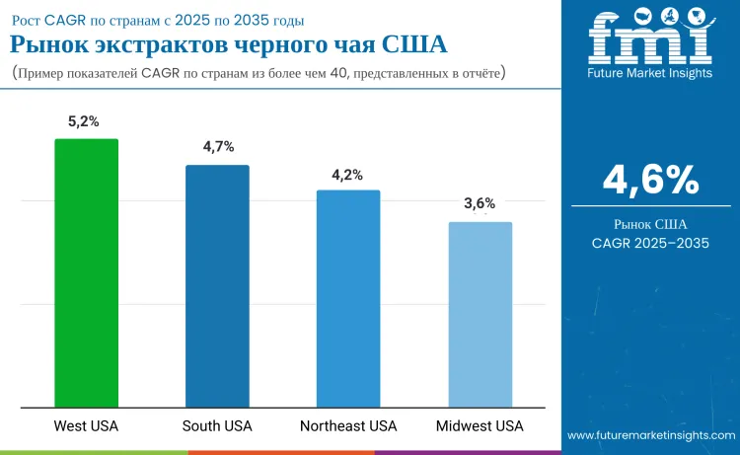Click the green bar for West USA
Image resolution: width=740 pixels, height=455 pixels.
(86, 272)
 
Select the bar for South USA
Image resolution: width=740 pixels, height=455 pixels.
(217, 285)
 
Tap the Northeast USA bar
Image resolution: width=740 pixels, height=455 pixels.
(348, 298)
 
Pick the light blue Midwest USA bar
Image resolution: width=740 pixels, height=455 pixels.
(480, 314)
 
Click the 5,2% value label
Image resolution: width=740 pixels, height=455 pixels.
(86, 121)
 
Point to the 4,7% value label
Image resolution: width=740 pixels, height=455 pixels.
(217, 147)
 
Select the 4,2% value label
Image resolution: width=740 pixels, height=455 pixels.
(348, 174)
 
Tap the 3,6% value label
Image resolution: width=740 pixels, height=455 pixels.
(480, 204)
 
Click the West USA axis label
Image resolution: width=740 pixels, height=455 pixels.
(86, 426)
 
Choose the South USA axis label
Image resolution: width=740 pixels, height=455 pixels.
(217, 426)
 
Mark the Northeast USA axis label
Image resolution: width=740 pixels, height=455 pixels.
(348, 426)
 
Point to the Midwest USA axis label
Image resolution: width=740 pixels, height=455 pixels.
(480, 426)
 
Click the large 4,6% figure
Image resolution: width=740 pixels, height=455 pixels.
(650, 180)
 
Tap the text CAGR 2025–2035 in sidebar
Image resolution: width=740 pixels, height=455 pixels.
(650, 243)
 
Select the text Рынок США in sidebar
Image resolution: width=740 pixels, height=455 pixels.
(650, 224)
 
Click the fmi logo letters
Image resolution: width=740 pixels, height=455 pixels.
(650, 40)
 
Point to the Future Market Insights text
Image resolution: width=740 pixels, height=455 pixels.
(650, 74)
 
